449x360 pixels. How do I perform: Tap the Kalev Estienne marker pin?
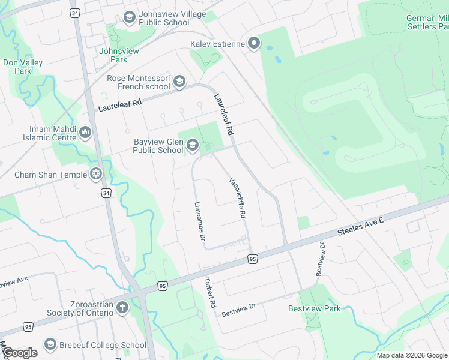coord(253,43)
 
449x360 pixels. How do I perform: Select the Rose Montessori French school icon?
coord(179,82)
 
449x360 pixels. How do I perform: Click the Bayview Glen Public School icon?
coord(192,145)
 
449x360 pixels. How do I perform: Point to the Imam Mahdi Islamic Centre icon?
coord(85,132)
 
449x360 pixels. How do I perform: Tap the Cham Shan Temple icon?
coord(95,175)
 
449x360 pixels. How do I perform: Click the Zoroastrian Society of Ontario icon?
coord(122,308)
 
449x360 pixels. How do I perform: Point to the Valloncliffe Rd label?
coord(238,197)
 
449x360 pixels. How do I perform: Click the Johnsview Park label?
coord(119,55)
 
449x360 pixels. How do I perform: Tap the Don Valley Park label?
coord(17,67)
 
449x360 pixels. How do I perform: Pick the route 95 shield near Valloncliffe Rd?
coord(253,259)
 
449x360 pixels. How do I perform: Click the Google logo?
coord(20,353)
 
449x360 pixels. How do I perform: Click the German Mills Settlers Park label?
coord(427,23)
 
